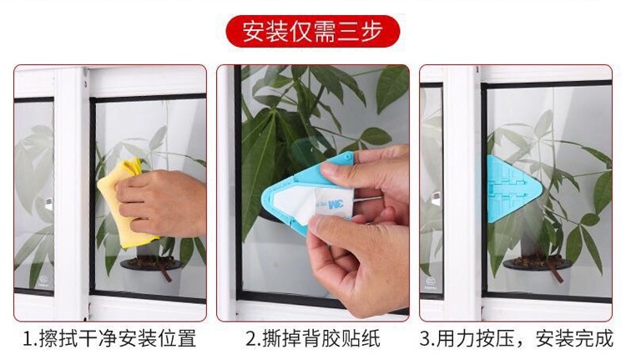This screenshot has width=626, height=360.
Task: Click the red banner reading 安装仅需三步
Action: (313, 31)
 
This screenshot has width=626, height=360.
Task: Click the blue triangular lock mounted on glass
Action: (512, 189)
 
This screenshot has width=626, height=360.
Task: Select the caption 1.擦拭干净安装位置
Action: (109, 339)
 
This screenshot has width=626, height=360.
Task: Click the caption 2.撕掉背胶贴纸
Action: (313, 339)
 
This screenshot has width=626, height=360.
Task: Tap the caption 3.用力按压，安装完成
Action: (516, 339)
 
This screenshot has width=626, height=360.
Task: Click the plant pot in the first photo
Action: (151, 263)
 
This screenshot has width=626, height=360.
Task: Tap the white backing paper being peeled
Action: (316, 205)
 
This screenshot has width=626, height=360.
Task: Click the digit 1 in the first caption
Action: (28, 339)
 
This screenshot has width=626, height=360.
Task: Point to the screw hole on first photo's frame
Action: (85, 84)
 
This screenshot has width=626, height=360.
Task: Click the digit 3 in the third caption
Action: (424, 339)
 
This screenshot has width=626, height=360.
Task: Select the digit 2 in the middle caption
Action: (250, 339)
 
